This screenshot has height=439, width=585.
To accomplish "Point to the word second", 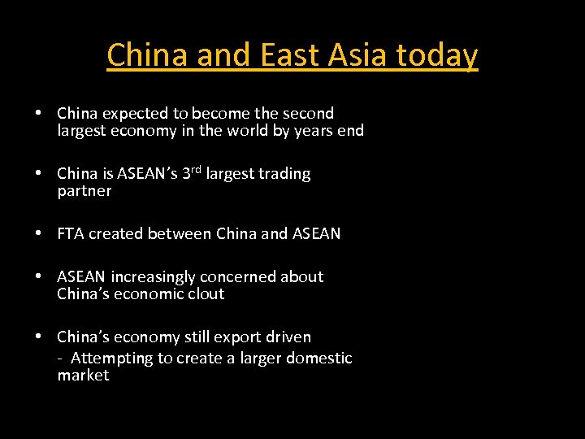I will coord(307,113).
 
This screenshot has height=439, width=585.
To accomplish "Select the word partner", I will coord(84,191).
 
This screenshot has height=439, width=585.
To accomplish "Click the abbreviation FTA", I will coord(71,233).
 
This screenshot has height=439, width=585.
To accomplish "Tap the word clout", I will coord(206,293).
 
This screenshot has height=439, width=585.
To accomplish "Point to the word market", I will coord(83,375).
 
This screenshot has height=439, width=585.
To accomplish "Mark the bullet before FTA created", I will coord(39,233).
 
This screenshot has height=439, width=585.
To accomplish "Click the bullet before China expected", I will coord(39,113).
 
